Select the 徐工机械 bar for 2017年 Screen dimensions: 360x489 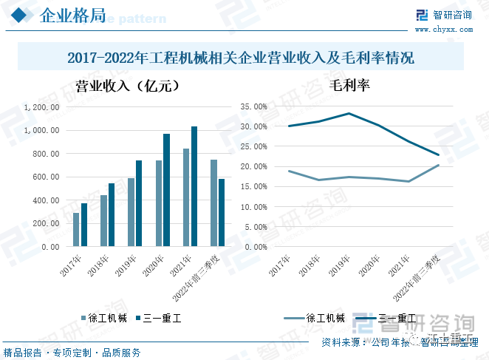[x=76, y=230]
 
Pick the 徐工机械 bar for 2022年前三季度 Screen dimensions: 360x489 [x=213, y=203]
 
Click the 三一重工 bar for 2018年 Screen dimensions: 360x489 [x=112, y=215]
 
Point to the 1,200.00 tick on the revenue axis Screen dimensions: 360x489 [x=41, y=107]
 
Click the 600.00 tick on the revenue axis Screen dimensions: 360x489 [x=46, y=177]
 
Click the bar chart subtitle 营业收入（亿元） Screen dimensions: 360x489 [x=128, y=86]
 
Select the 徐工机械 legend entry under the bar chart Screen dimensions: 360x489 [x=103, y=319]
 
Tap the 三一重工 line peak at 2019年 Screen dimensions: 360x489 [x=349, y=113]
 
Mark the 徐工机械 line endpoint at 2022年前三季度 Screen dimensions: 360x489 [x=439, y=165]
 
